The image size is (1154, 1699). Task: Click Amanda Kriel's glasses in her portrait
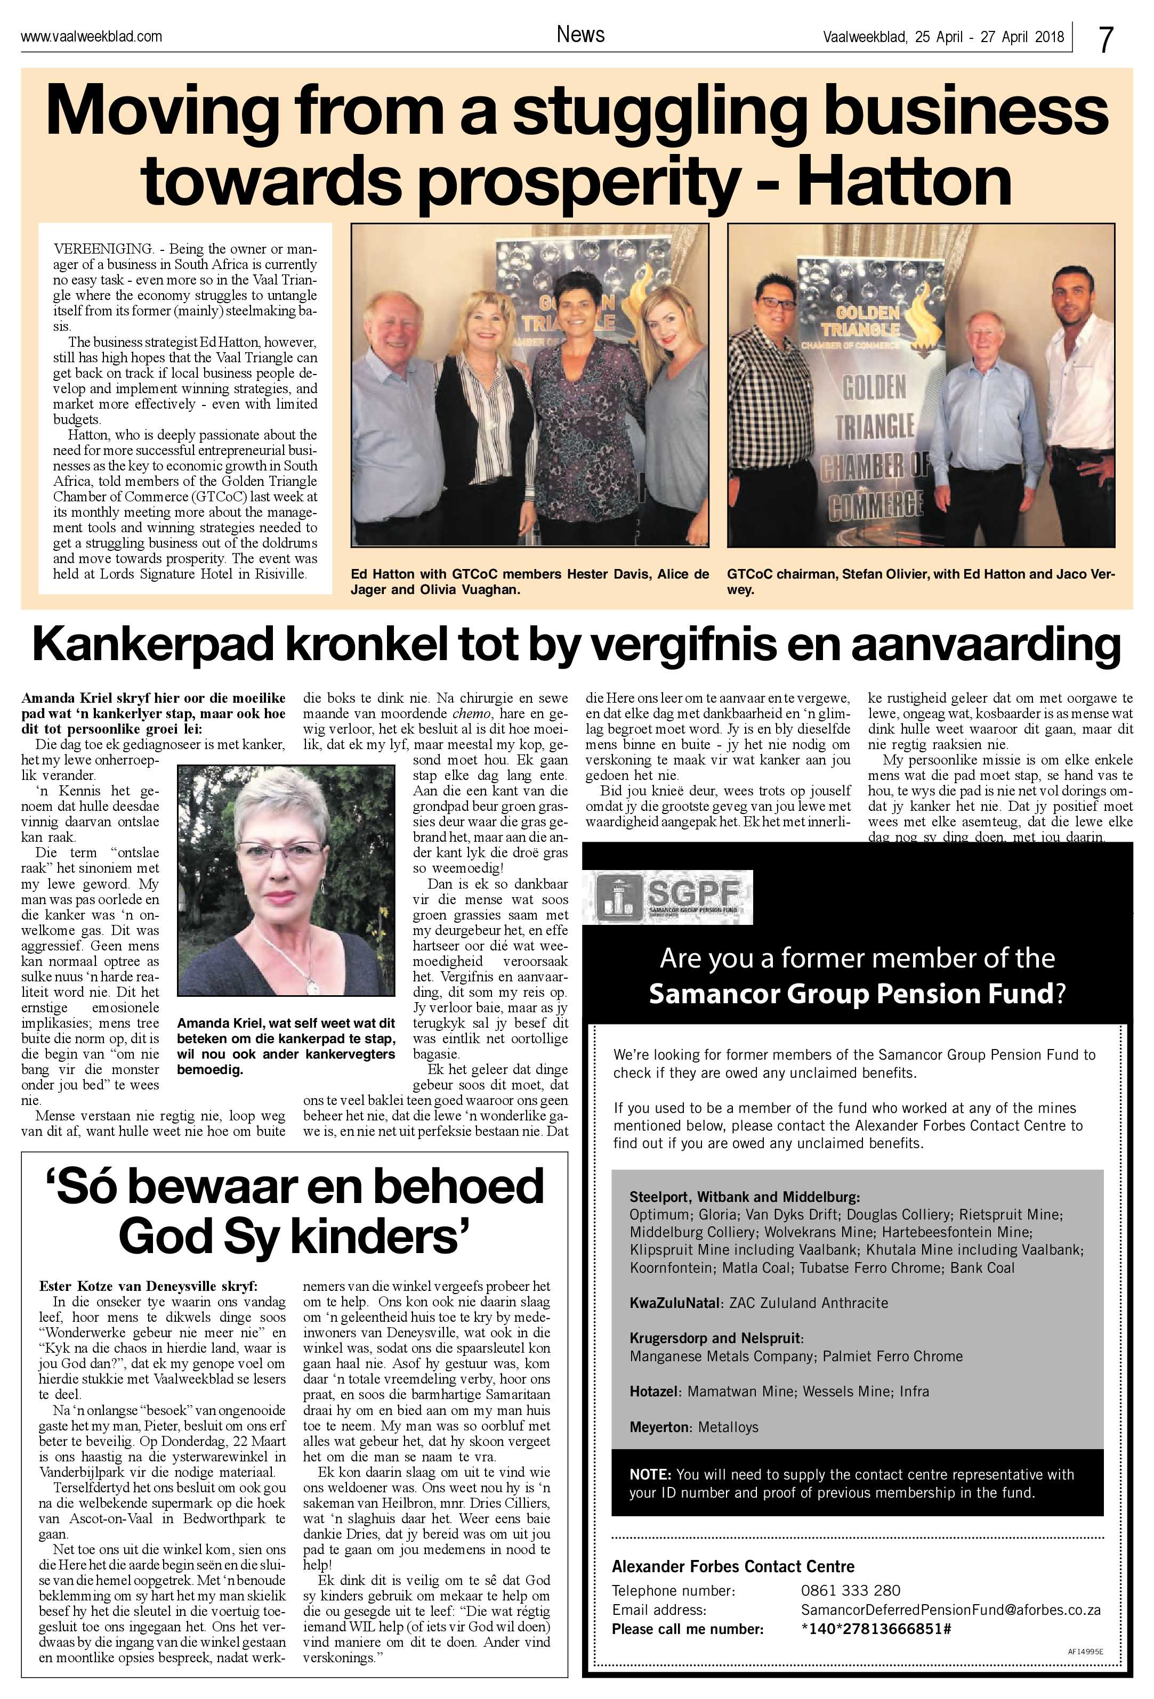279,851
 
